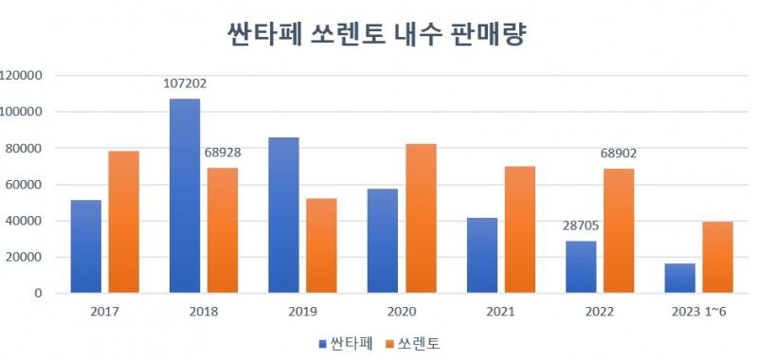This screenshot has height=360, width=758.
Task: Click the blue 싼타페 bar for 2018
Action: pyautogui.click(x=185, y=196)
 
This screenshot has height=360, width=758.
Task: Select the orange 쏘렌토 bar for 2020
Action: pyautogui.click(x=421, y=219)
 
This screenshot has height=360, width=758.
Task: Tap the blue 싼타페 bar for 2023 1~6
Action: pyautogui.click(x=679, y=279)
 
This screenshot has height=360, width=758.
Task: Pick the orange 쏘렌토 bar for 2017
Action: pyautogui.click(x=123, y=222)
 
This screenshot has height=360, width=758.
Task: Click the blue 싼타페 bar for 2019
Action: pyautogui.click(x=283, y=216)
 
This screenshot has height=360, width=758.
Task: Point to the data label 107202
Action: pyautogui.click(x=184, y=83)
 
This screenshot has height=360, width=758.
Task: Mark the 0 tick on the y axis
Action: pyautogui.click(x=42, y=294)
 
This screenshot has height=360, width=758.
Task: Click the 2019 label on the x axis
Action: pyautogui.click(x=302, y=312)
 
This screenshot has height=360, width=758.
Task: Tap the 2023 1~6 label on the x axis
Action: pyautogui.click(x=698, y=312)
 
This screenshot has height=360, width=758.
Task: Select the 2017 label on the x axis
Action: pyautogui.click(x=104, y=312)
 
